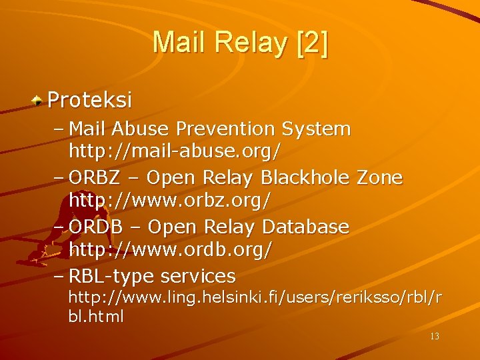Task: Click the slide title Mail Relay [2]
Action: click(x=240, y=43)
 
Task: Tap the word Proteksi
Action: click(x=90, y=100)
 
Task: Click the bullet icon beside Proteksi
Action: click(x=39, y=101)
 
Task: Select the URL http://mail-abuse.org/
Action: click(x=175, y=151)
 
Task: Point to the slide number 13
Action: click(x=435, y=336)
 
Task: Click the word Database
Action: click(x=305, y=227)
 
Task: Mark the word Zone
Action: click(x=380, y=177)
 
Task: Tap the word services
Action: click(x=198, y=275)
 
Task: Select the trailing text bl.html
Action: click(x=96, y=317)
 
